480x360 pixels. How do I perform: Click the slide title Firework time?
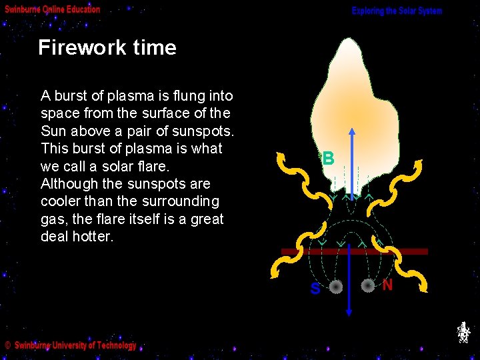(x=107, y=48)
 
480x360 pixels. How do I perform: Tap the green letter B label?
(x=327, y=159)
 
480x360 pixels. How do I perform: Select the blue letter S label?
(x=315, y=289)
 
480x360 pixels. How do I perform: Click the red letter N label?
(x=387, y=285)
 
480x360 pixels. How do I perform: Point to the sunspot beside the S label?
(x=336, y=287)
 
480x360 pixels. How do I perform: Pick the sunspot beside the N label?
(x=368, y=285)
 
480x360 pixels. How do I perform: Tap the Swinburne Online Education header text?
(x=53, y=9)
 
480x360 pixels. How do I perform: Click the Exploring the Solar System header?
(x=397, y=11)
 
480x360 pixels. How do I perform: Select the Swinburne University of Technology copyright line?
(x=71, y=345)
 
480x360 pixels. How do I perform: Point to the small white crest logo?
(x=463, y=332)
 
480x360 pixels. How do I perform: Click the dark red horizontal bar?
(x=353, y=251)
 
